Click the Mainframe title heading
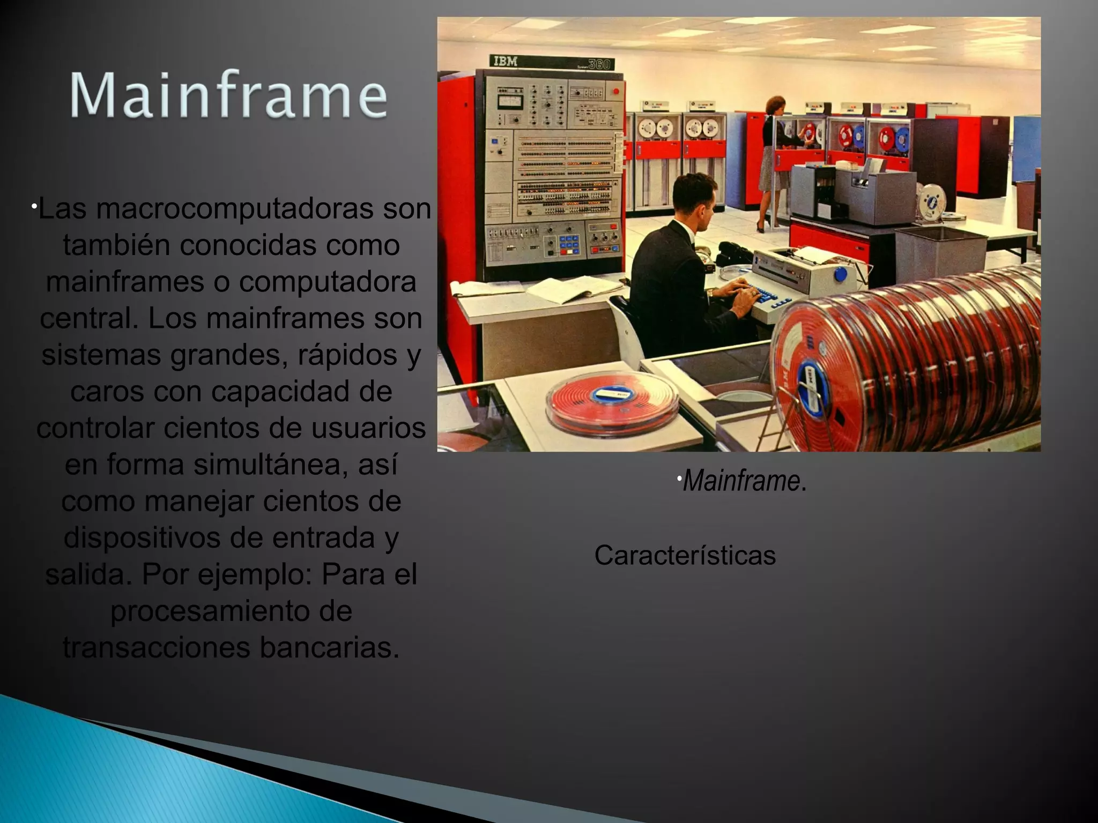pyautogui.click(x=228, y=95)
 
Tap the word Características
pyautogui.click(x=685, y=555)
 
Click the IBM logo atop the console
pyautogui.click(x=505, y=62)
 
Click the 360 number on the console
pyautogui.click(x=599, y=64)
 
